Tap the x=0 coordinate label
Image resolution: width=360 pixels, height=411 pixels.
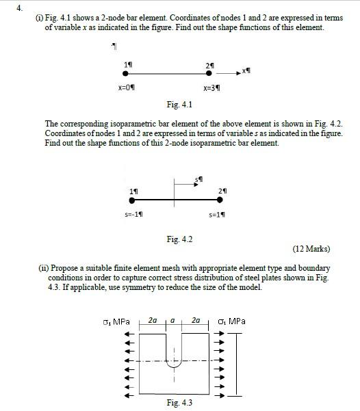tap(126, 88)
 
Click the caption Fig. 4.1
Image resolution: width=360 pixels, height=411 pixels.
tap(179, 105)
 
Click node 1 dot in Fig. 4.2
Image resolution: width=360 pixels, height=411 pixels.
tap(132, 200)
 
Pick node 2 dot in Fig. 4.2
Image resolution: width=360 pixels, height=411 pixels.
tap(220, 200)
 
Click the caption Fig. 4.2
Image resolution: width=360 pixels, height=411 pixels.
tap(179, 239)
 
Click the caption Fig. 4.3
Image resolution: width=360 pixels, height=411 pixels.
tap(179, 403)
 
